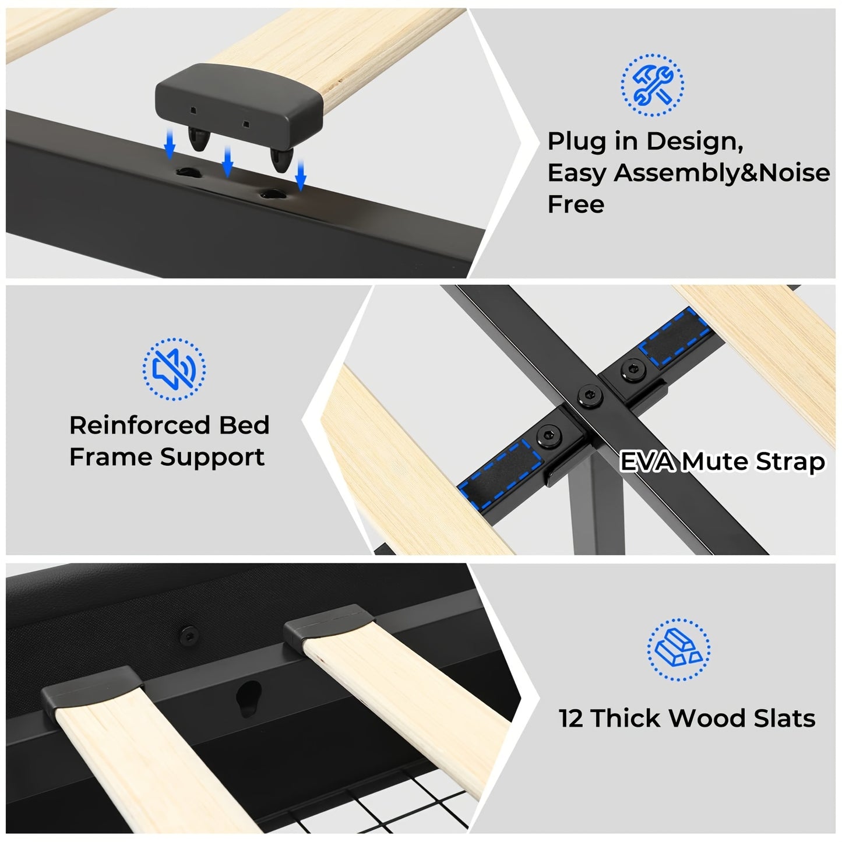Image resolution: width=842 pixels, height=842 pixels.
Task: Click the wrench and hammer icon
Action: click(652, 85)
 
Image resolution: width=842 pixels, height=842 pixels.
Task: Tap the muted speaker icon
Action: click(174, 369)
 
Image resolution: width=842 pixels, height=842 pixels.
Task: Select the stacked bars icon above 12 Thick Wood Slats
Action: click(678, 649)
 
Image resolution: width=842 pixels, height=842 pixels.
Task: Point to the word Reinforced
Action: click(139, 425)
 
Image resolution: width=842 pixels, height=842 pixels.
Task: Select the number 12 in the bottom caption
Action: click(570, 718)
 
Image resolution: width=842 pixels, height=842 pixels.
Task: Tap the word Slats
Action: click(784, 718)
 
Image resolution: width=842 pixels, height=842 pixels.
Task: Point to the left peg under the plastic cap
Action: click(199, 140)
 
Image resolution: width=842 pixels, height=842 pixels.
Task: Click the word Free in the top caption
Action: click(576, 205)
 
